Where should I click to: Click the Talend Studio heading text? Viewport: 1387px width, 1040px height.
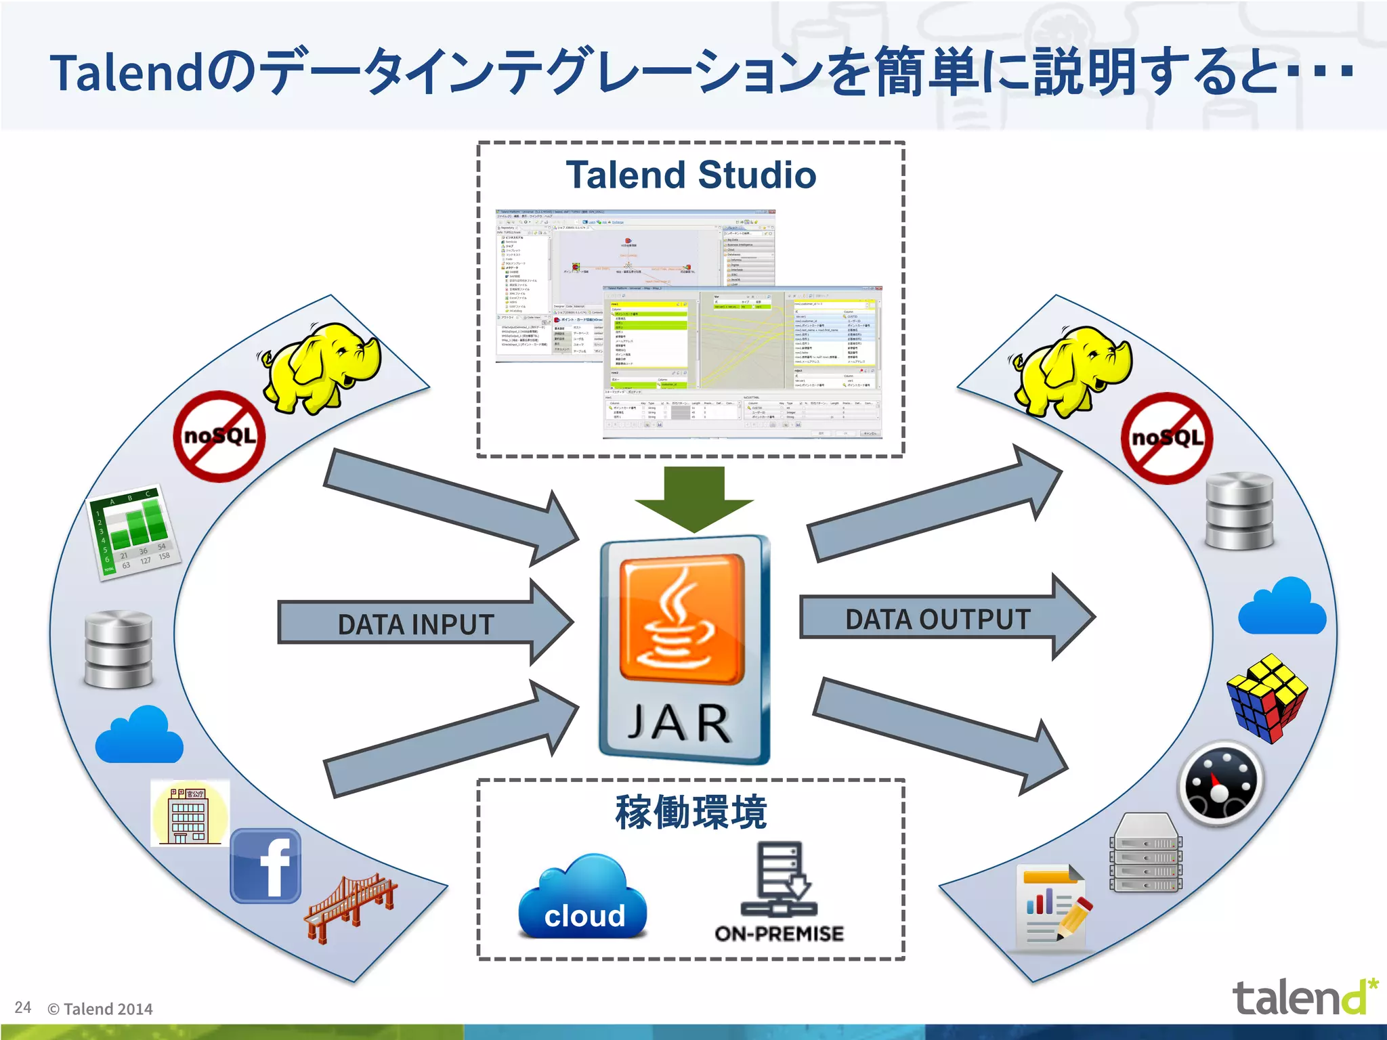tap(691, 175)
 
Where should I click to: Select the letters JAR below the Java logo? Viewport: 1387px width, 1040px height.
tap(679, 724)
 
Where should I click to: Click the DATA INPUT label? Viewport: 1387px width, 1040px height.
tap(415, 624)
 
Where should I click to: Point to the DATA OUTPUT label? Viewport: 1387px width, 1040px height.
tap(937, 619)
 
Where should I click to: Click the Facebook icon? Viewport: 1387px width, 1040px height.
tap(265, 866)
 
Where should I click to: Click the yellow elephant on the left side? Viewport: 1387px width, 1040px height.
tap(322, 366)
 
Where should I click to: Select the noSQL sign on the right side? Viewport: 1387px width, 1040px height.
tap(1167, 438)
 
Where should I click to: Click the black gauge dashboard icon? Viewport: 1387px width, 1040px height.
tap(1220, 783)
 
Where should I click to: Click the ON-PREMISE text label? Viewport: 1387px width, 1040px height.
tap(779, 934)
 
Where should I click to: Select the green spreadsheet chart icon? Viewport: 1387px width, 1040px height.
tap(134, 532)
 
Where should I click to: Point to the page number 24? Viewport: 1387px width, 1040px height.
tap(22, 1007)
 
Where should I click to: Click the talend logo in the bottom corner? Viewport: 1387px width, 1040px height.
tap(1304, 997)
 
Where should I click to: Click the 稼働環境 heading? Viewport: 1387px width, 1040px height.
tap(690, 812)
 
